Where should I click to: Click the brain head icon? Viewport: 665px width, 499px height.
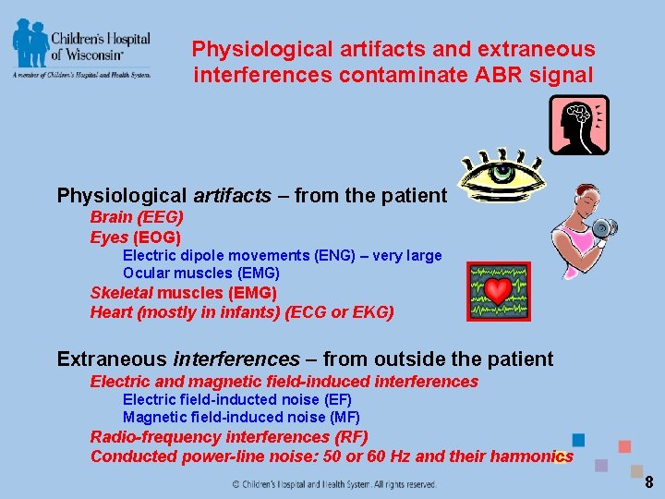578,125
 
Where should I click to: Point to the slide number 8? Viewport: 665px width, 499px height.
648,481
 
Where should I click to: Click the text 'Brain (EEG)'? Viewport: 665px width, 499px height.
137,217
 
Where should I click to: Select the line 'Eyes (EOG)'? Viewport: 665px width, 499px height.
135,237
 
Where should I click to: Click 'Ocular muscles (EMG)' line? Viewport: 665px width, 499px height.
201,273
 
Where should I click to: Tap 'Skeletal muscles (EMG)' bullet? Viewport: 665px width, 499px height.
183,292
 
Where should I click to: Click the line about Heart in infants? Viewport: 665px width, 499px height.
241,311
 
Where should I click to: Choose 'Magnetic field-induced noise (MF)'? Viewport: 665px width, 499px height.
241,418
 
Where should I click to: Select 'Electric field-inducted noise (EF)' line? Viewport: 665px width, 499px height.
236,399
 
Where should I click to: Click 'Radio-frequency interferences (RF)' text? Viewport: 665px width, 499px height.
228,436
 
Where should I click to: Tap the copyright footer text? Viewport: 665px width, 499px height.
333,483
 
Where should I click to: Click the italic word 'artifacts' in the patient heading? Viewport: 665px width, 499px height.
232,195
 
